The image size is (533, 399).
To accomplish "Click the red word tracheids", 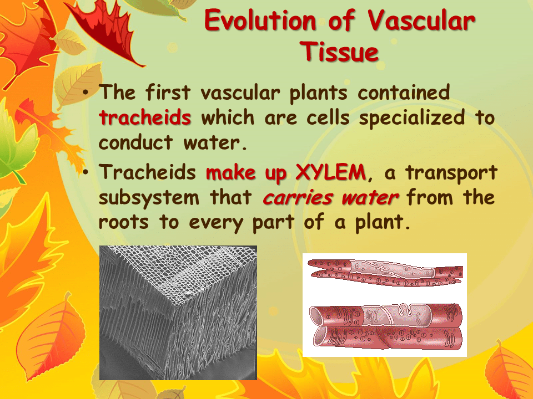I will (145, 118).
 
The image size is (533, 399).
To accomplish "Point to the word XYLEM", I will (330, 172).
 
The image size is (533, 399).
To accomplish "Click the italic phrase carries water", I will (330, 198).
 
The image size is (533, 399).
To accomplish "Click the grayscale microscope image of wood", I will (178, 313).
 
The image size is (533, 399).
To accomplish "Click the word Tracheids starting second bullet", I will (148, 172).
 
